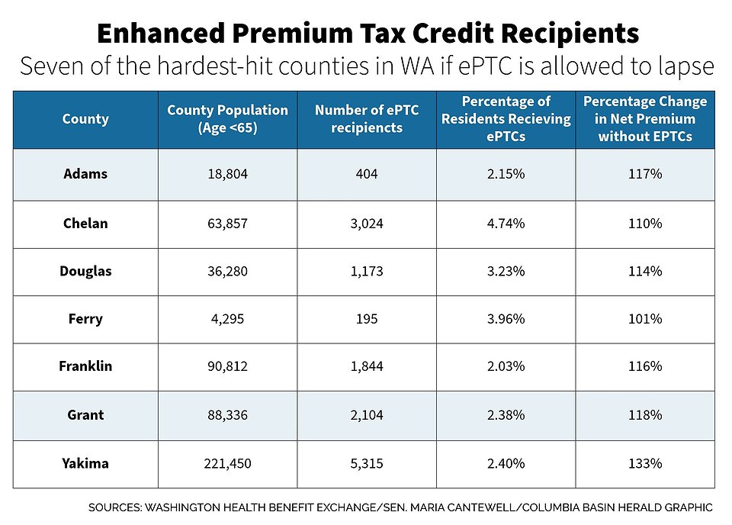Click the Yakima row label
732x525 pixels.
click(x=85, y=463)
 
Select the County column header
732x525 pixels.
click(x=85, y=119)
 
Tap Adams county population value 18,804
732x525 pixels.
click(x=228, y=174)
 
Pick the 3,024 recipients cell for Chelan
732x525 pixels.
click(x=367, y=224)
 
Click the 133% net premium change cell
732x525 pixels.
click(x=645, y=463)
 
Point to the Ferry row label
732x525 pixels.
click(x=85, y=319)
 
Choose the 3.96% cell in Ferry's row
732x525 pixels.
click(x=506, y=319)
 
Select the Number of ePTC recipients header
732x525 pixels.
click(x=367, y=119)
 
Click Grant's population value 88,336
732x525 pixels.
click(x=228, y=415)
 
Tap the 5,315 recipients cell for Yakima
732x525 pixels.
click(x=367, y=463)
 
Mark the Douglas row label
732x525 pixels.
click(x=85, y=271)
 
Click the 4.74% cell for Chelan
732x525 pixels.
click(x=506, y=224)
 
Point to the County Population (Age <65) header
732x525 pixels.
click(x=228, y=119)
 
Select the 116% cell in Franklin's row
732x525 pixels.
click(x=645, y=366)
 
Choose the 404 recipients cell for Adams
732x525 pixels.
click(x=367, y=174)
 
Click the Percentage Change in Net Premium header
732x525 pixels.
click(x=645, y=119)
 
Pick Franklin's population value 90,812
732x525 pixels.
click(x=228, y=366)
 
